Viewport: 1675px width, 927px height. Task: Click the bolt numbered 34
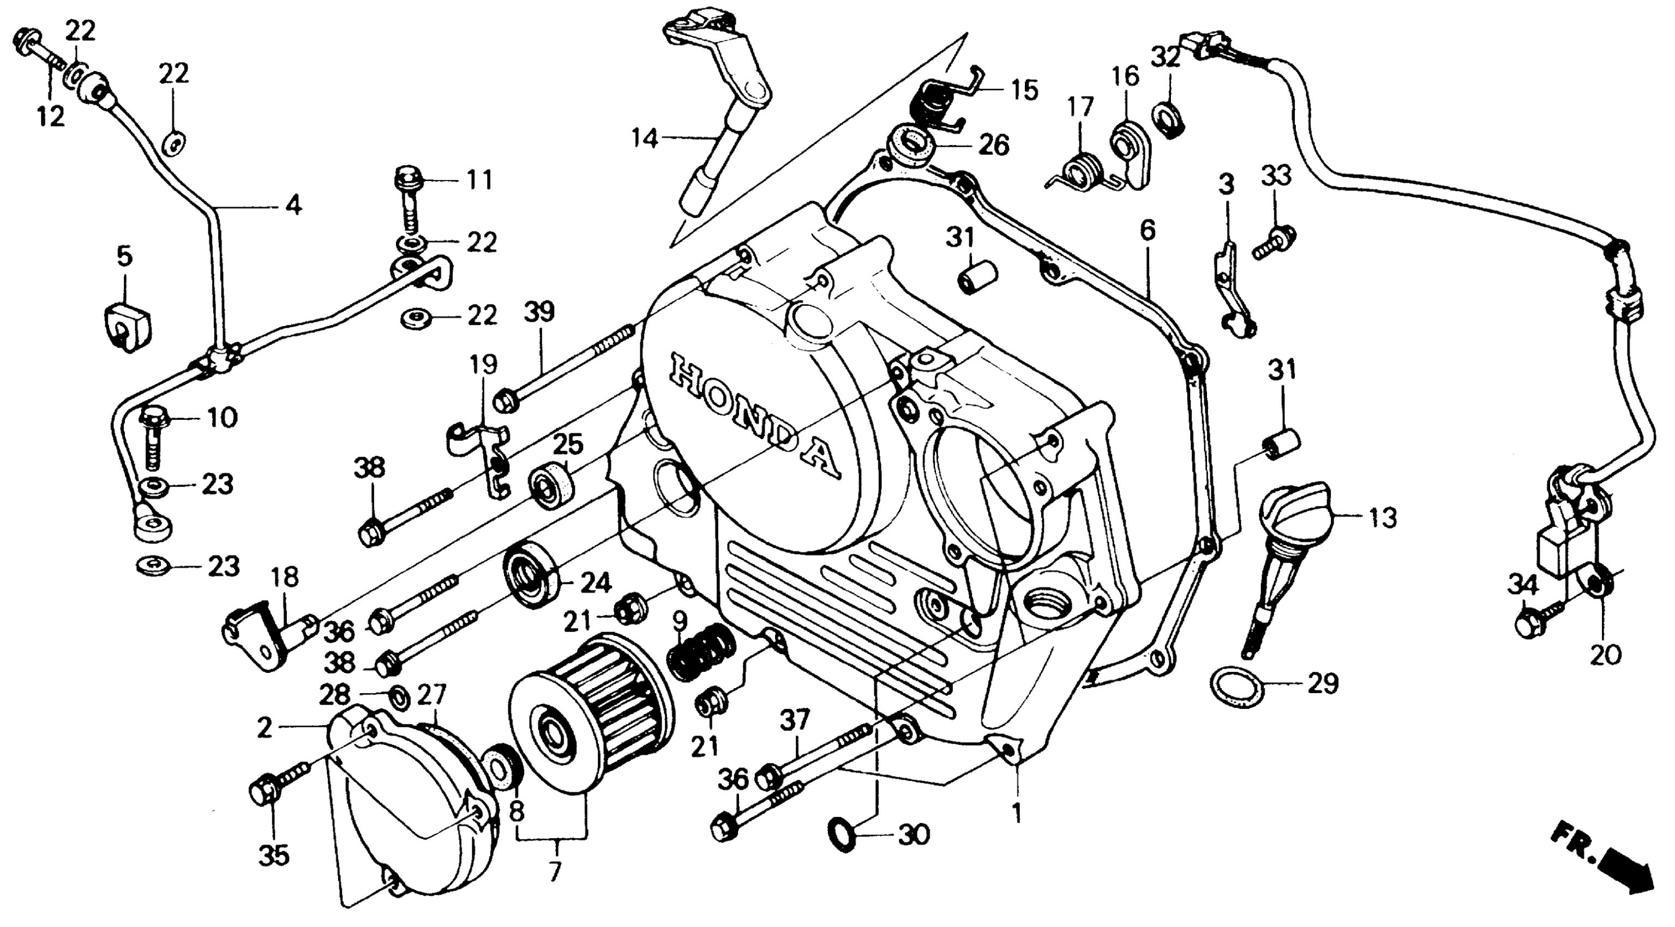point(1534,621)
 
